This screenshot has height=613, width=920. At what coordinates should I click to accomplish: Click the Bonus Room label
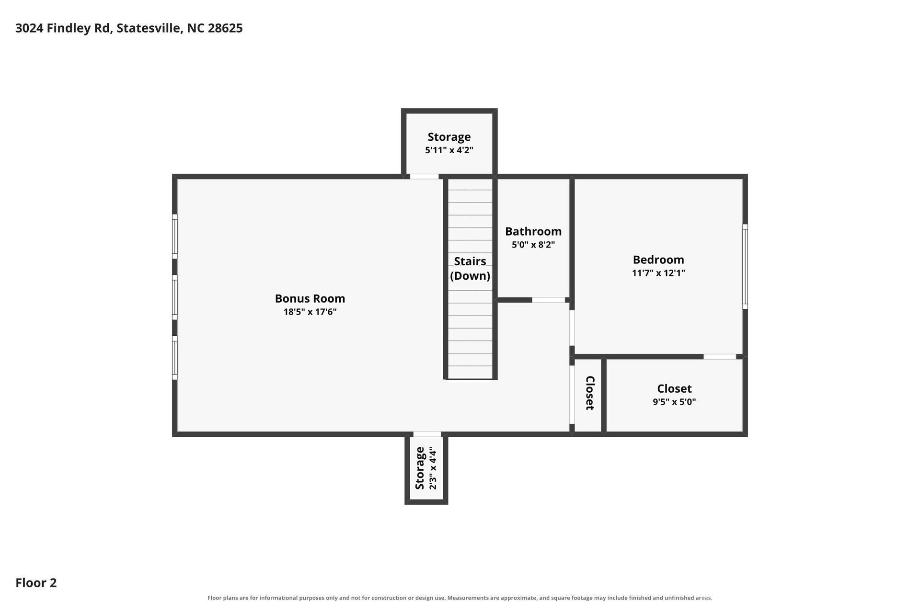[x=310, y=298]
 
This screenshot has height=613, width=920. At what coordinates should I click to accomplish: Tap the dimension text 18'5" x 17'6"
[x=310, y=312]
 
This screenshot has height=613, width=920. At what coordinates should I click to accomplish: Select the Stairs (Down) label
[x=470, y=268]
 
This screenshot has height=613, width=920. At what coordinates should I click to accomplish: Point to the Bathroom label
[x=533, y=231]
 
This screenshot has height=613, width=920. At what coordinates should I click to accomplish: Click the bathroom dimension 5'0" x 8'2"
[x=533, y=245]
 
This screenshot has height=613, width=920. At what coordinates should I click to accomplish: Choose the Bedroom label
[x=658, y=260]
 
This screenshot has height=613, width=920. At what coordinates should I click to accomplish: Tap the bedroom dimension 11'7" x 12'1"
[x=658, y=273]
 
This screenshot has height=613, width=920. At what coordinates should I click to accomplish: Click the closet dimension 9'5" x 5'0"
[x=674, y=402]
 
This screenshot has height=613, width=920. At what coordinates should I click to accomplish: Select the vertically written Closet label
[x=590, y=393]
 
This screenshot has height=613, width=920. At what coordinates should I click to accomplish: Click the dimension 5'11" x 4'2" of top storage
[x=449, y=150]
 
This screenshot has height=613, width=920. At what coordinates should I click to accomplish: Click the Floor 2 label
[x=36, y=583]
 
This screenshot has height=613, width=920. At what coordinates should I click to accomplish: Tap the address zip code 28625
[x=225, y=28]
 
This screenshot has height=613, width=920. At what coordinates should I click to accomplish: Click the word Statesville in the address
[x=149, y=28]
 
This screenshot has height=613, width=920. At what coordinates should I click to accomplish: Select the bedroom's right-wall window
[x=745, y=267]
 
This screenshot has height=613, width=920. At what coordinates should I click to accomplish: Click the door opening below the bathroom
[x=549, y=300]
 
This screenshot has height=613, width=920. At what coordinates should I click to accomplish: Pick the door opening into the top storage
[x=425, y=177]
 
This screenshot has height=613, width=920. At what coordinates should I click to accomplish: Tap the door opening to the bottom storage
[x=427, y=434]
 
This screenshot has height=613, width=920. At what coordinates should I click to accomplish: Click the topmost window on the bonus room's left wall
[x=175, y=236]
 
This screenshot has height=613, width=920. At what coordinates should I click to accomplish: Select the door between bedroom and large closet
[x=720, y=357]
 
